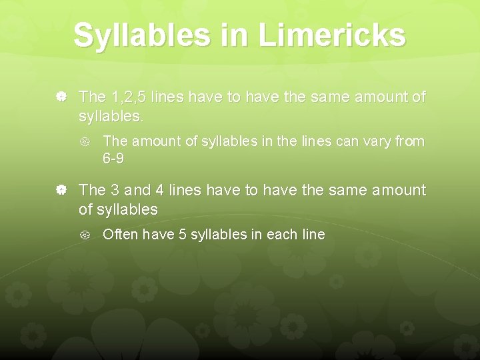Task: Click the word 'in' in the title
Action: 239,35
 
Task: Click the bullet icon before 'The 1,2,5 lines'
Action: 61,97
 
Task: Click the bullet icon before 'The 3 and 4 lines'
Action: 61,191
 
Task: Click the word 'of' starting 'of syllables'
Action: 86,209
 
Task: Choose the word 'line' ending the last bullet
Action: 311,235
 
